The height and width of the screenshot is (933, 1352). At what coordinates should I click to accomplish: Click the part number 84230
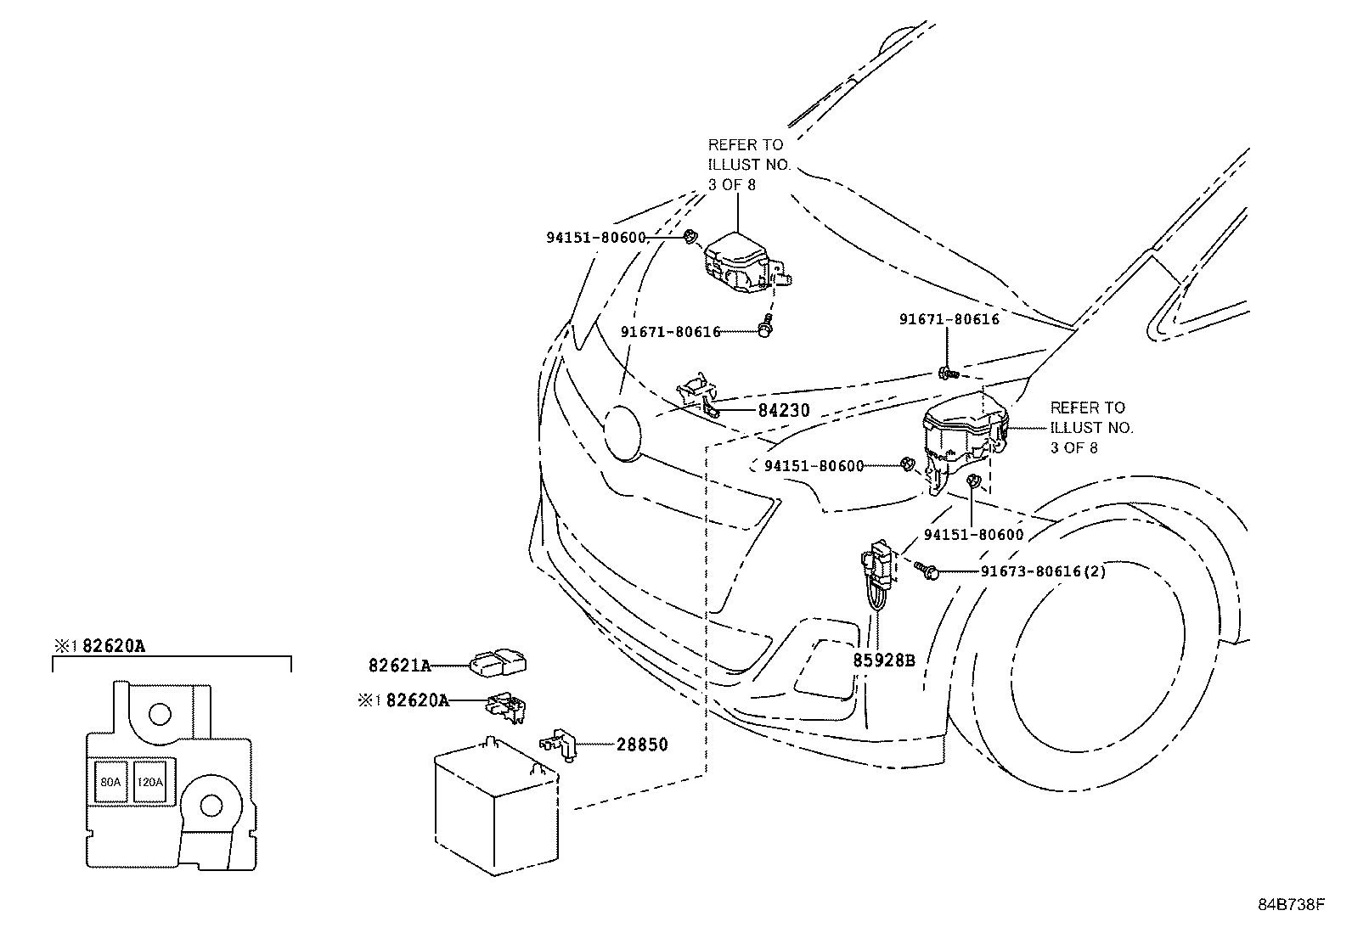click(x=783, y=411)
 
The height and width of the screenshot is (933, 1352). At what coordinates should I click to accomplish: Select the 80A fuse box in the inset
click(x=110, y=782)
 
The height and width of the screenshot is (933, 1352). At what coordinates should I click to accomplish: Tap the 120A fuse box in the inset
click(x=149, y=782)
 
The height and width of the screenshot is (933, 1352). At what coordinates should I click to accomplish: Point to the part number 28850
click(x=641, y=745)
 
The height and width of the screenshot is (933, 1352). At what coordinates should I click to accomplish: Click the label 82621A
click(x=399, y=666)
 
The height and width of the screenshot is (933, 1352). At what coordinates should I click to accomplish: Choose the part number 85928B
click(x=883, y=660)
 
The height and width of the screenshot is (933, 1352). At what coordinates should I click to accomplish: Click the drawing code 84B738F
click(x=1291, y=905)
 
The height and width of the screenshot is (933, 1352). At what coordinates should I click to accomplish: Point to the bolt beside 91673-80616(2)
click(x=927, y=571)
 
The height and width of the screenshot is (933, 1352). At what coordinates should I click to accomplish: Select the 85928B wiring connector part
click(x=877, y=577)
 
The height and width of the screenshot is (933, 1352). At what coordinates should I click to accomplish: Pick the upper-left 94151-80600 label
click(x=595, y=239)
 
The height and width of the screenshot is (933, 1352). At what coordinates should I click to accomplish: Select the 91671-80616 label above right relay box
click(x=949, y=320)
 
